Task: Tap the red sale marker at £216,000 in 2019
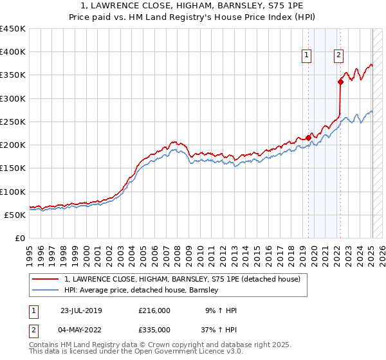click(x=308, y=138)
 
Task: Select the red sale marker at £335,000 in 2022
click(x=340, y=82)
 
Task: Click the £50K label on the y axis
click(x=15, y=215)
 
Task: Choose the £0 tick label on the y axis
click(x=19, y=239)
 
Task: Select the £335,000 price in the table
click(x=154, y=329)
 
